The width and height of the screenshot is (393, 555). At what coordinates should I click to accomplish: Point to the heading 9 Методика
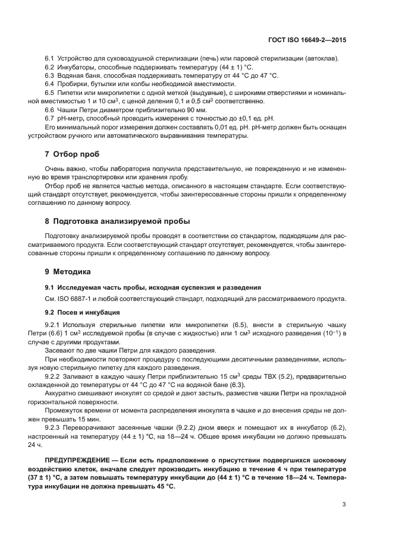point(68,271)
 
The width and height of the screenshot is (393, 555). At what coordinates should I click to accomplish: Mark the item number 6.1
point(49,59)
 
